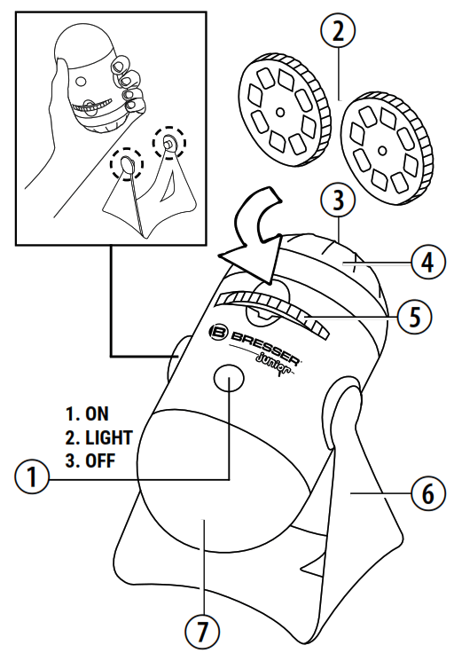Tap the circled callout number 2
(x=338, y=31)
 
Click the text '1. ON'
(x=89, y=413)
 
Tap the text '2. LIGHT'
(x=98, y=437)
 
